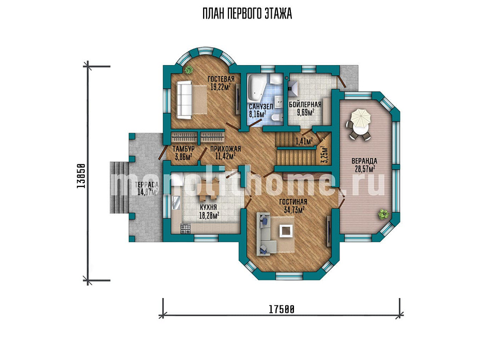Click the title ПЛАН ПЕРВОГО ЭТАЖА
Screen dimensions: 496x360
(247, 14)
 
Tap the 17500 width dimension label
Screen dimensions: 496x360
(282, 309)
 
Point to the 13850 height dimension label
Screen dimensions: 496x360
(81, 176)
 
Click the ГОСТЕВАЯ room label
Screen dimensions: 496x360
(221, 79)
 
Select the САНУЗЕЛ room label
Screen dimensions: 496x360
(260, 107)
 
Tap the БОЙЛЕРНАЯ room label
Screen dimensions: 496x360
(305, 105)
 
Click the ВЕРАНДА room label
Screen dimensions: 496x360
(364, 161)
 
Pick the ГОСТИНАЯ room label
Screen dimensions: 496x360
(293, 202)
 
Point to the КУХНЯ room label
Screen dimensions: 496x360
(208, 208)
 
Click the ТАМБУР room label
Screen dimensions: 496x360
(183, 149)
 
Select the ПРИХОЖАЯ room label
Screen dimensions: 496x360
(225, 149)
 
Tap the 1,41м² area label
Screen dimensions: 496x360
(304, 141)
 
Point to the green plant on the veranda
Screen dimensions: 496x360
(383, 214)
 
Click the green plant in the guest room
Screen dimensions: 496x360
(190, 69)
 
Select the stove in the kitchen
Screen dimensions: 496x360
(185, 229)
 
